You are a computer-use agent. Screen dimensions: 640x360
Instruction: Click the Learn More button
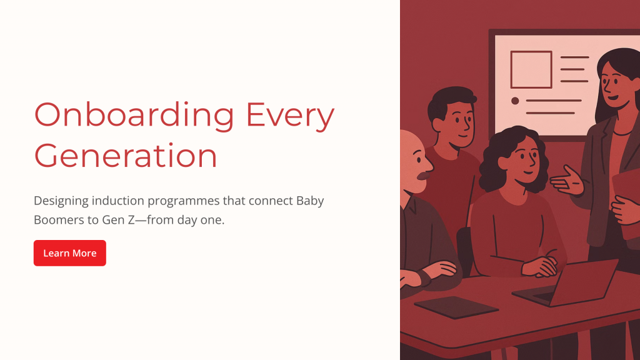pyautogui.click(x=70, y=253)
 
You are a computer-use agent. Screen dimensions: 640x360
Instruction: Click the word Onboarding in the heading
pyautogui.click(x=134, y=116)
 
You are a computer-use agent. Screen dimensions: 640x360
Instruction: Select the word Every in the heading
pyautogui.click(x=290, y=116)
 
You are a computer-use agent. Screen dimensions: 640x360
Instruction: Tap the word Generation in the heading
pyautogui.click(x=125, y=156)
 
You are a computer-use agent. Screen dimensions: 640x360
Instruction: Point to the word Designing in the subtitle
pyautogui.click(x=61, y=201)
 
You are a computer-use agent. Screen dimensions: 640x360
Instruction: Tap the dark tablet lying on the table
pyautogui.click(x=456, y=307)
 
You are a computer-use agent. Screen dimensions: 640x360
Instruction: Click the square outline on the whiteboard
pyautogui.click(x=531, y=69)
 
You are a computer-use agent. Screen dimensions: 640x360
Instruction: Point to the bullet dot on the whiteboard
pyautogui.click(x=515, y=101)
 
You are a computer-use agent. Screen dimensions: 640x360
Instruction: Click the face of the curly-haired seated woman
pyautogui.click(x=524, y=160)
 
